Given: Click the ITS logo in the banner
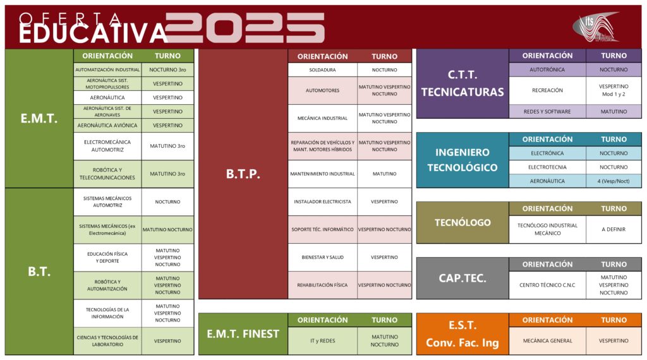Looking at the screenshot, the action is coord(596,27).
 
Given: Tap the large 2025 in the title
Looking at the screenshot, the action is coord(245,28).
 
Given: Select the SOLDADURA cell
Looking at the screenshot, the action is coord(322,69).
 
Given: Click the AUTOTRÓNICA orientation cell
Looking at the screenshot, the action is coord(547,69).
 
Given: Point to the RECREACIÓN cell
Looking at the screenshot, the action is coord(547,90).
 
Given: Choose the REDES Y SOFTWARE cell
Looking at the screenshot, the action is coord(547,112).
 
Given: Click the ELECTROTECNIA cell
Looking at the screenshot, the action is coord(547,167).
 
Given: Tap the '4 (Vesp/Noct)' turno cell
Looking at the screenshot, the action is coord(614,181).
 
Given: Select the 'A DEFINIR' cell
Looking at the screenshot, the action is coord(614,229).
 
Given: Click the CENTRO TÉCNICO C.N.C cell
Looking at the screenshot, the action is coord(547,285).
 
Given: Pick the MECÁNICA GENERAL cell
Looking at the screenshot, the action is coord(547,340).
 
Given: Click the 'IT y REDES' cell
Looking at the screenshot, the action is coord(322,340).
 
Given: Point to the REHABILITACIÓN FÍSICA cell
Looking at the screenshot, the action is coord(322,285).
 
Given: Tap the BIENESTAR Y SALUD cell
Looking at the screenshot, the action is coord(322,257).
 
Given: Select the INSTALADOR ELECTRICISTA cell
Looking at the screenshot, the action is coord(322,201).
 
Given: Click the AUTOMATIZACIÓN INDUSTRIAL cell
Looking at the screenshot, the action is coord(107,69).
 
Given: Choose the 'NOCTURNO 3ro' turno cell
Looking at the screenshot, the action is coord(167,69).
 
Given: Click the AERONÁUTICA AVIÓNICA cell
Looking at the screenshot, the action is coord(107,125).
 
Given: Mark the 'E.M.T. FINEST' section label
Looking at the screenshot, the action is coord(243,333).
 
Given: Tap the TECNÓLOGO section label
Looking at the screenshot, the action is coord(463,223).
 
